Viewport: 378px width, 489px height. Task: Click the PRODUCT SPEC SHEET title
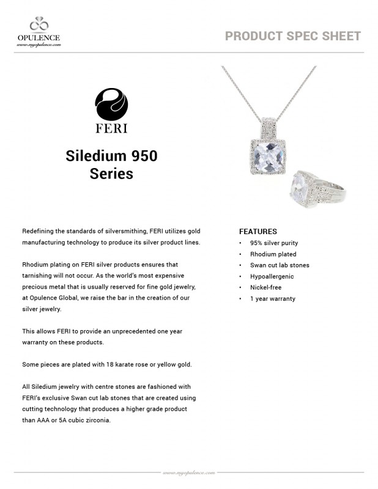tap(292, 35)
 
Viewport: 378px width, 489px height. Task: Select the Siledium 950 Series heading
tap(111, 164)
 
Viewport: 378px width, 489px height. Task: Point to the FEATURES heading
tap(258, 232)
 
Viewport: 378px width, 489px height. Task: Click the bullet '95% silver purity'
tap(273, 243)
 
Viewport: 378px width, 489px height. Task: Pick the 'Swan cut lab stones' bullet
tap(280, 265)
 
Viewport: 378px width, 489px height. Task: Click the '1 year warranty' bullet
tap(272, 298)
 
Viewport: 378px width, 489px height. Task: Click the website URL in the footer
tap(188, 472)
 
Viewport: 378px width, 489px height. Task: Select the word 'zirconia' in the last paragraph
tap(97, 419)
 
